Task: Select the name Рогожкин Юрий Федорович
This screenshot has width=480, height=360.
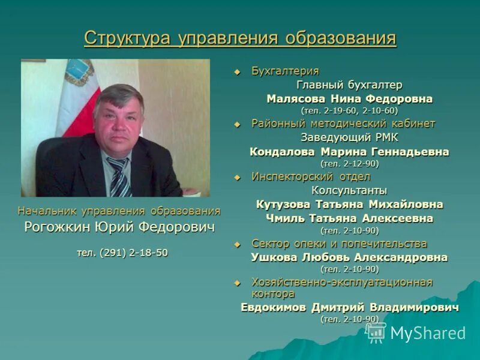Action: coord(119,228)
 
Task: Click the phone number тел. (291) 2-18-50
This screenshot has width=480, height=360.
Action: coord(122,253)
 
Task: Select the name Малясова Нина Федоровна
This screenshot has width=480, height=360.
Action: coord(349,98)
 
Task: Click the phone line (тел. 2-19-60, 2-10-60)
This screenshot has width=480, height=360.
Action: coord(349,110)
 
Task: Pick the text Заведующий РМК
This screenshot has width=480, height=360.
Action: coord(349,137)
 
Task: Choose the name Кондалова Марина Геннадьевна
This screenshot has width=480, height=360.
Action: coord(349,152)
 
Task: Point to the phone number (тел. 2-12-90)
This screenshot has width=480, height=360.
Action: coord(349,163)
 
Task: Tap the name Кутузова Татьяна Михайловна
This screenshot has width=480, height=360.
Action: coord(349,205)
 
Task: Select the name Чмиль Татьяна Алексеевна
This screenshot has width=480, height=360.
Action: coord(349,218)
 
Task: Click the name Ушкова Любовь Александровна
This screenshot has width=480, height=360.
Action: coord(349,257)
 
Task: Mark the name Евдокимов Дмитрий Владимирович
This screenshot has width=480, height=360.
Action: coord(349,307)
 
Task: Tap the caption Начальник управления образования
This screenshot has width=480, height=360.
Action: coord(119,211)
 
